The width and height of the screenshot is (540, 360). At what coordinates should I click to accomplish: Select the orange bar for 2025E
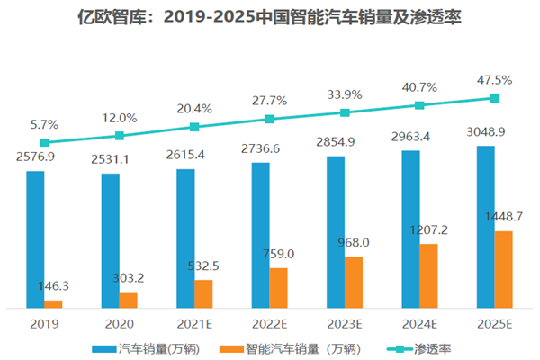click(504, 269)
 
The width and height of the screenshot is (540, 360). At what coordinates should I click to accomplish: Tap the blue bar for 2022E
click(260, 235)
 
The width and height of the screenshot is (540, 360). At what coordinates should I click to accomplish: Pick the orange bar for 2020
click(129, 300)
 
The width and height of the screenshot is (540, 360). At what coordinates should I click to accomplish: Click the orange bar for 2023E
click(354, 282)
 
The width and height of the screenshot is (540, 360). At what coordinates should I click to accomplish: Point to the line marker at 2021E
click(194, 128)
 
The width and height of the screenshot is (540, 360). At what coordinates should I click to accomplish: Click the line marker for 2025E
click(494, 98)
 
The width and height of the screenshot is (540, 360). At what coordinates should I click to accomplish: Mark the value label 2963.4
click(419, 137)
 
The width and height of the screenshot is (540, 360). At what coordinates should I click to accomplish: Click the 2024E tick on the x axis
click(419, 322)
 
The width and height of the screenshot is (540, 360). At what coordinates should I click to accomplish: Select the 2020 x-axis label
click(119, 322)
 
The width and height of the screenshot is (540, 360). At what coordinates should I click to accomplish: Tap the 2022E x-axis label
click(269, 322)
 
